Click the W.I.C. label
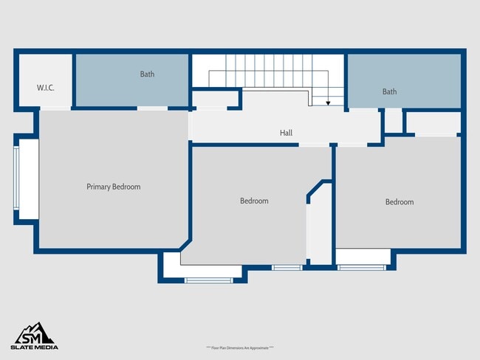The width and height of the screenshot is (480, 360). [46, 88]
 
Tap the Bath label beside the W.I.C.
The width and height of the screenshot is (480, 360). [147, 74]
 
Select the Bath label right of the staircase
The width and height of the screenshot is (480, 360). [389, 91]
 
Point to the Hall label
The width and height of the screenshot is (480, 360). [286, 133]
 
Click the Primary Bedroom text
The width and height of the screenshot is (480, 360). [113, 187]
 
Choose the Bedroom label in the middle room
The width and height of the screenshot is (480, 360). [254, 201]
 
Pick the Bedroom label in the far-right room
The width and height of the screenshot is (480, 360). [400, 201]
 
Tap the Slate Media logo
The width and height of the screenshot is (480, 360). [34, 336]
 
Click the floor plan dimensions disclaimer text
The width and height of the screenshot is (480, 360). [240, 347]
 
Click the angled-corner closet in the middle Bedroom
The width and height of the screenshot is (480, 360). [319, 225]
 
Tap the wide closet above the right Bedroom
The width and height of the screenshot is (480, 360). [432, 123]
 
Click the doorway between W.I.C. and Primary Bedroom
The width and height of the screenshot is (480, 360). [55, 108]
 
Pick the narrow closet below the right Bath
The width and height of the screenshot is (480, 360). [393, 122]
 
